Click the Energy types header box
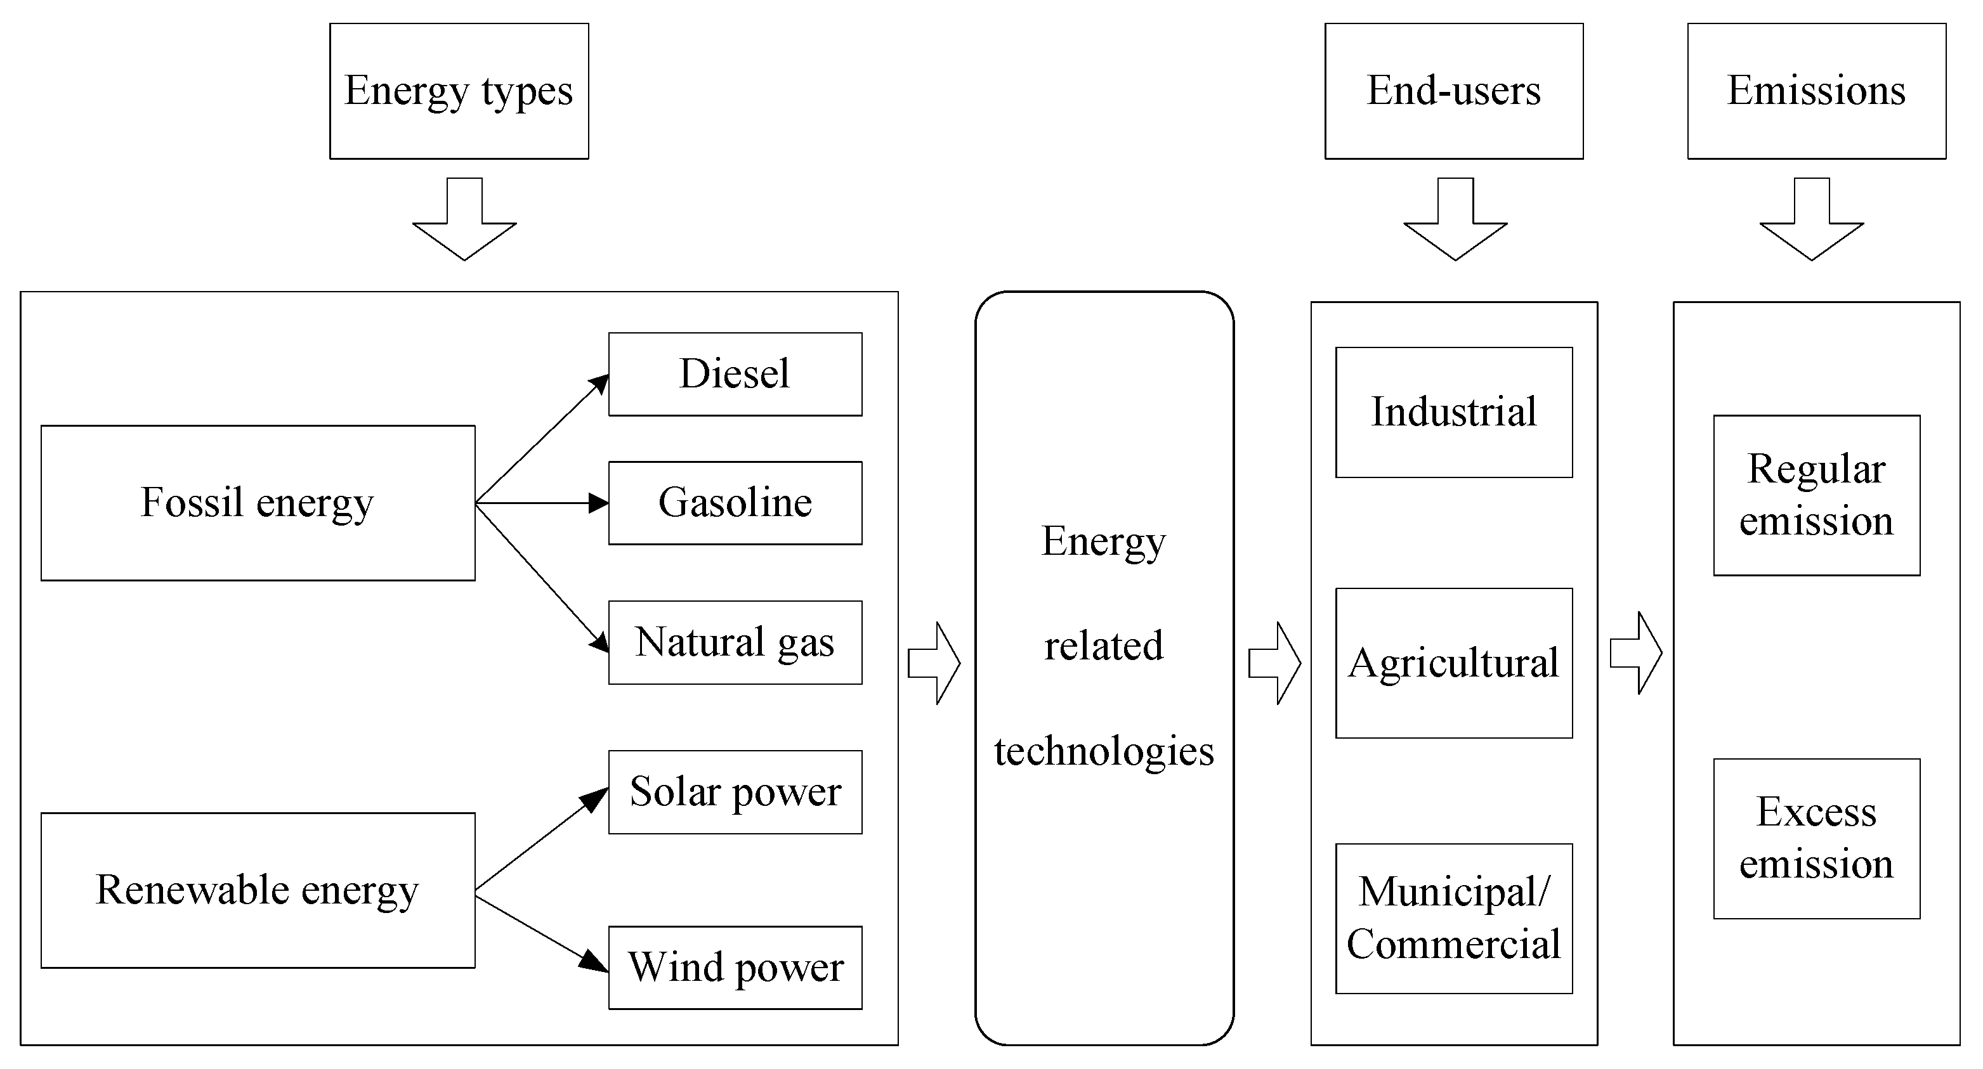pos(459,91)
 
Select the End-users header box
pos(1453,91)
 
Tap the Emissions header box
pos(1816,91)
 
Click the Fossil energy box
pos(258,503)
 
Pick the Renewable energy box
pos(258,890)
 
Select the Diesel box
pos(735,374)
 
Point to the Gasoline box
pos(735,503)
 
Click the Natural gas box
pos(735,642)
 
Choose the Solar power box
pos(735,791)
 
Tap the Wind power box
pos(735,967)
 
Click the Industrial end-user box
pos(1453,411)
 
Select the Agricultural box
pos(1453,663)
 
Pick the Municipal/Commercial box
pos(1453,917)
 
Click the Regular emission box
pos(1816,495)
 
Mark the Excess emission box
pos(1816,838)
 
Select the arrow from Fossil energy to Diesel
pos(542,439)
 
